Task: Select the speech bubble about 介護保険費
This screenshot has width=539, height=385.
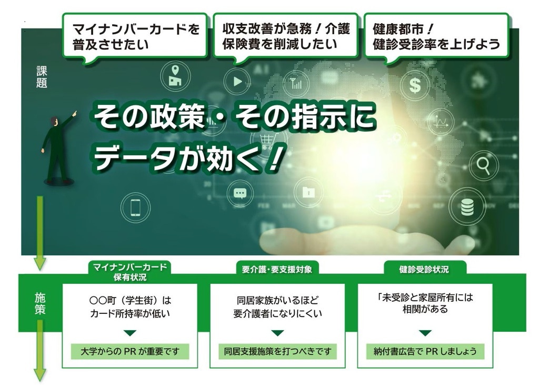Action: point(285,36)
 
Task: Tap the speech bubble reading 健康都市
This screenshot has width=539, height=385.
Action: point(436,36)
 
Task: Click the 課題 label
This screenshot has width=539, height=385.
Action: point(42,77)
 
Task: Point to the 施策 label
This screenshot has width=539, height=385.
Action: point(40,304)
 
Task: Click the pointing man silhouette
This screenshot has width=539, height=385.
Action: point(57,148)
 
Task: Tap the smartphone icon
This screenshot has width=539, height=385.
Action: point(135,207)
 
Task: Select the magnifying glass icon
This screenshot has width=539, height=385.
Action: point(483,166)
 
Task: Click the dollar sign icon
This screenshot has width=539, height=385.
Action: point(415,85)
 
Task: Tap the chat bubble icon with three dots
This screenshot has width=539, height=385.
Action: point(240,193)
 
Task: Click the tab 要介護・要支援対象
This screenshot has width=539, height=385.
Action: point(277,269)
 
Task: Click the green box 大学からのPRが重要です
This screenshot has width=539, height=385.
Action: point(129,351)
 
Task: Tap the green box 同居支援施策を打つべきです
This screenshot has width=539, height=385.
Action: point(277,351)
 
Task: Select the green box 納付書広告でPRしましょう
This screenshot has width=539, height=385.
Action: point(425,351)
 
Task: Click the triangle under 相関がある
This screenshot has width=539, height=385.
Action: point(425,333)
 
